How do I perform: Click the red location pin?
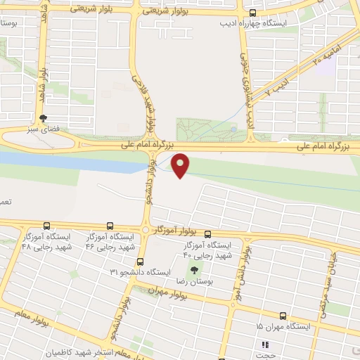coord(181,164)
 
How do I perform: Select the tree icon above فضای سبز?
coord(44,119)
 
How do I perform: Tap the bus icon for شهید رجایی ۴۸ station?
coord(46,226)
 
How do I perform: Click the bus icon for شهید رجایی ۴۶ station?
coord(110,226)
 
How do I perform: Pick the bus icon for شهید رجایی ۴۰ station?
coord(207,234)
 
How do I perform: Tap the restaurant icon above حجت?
coord(266,345)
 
